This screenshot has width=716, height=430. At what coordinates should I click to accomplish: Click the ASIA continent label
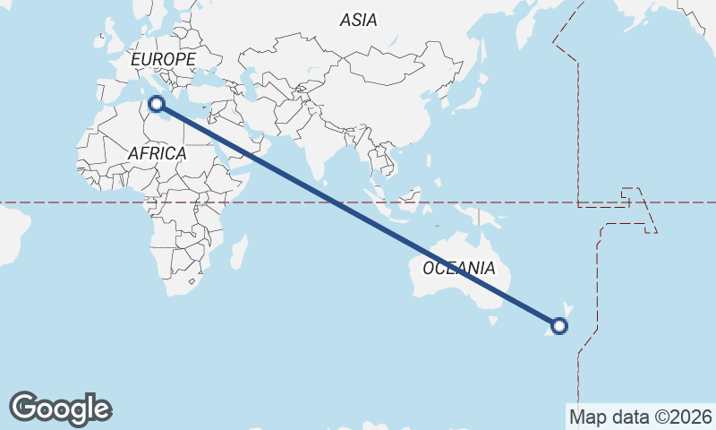point(358,20)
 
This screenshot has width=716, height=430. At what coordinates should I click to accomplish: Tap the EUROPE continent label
point(163,59)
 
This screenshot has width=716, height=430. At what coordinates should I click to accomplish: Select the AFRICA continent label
point(157,153)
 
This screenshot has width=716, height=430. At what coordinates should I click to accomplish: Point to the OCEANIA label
point(458,268)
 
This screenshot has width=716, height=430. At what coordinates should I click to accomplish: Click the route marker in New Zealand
point(559,326)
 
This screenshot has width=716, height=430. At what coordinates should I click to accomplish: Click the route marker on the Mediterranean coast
point(158,104)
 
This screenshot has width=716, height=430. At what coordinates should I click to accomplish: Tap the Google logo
point(60,408)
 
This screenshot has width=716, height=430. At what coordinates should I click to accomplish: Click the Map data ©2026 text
point(640,417)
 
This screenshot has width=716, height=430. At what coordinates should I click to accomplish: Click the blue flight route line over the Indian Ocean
point(358,214)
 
